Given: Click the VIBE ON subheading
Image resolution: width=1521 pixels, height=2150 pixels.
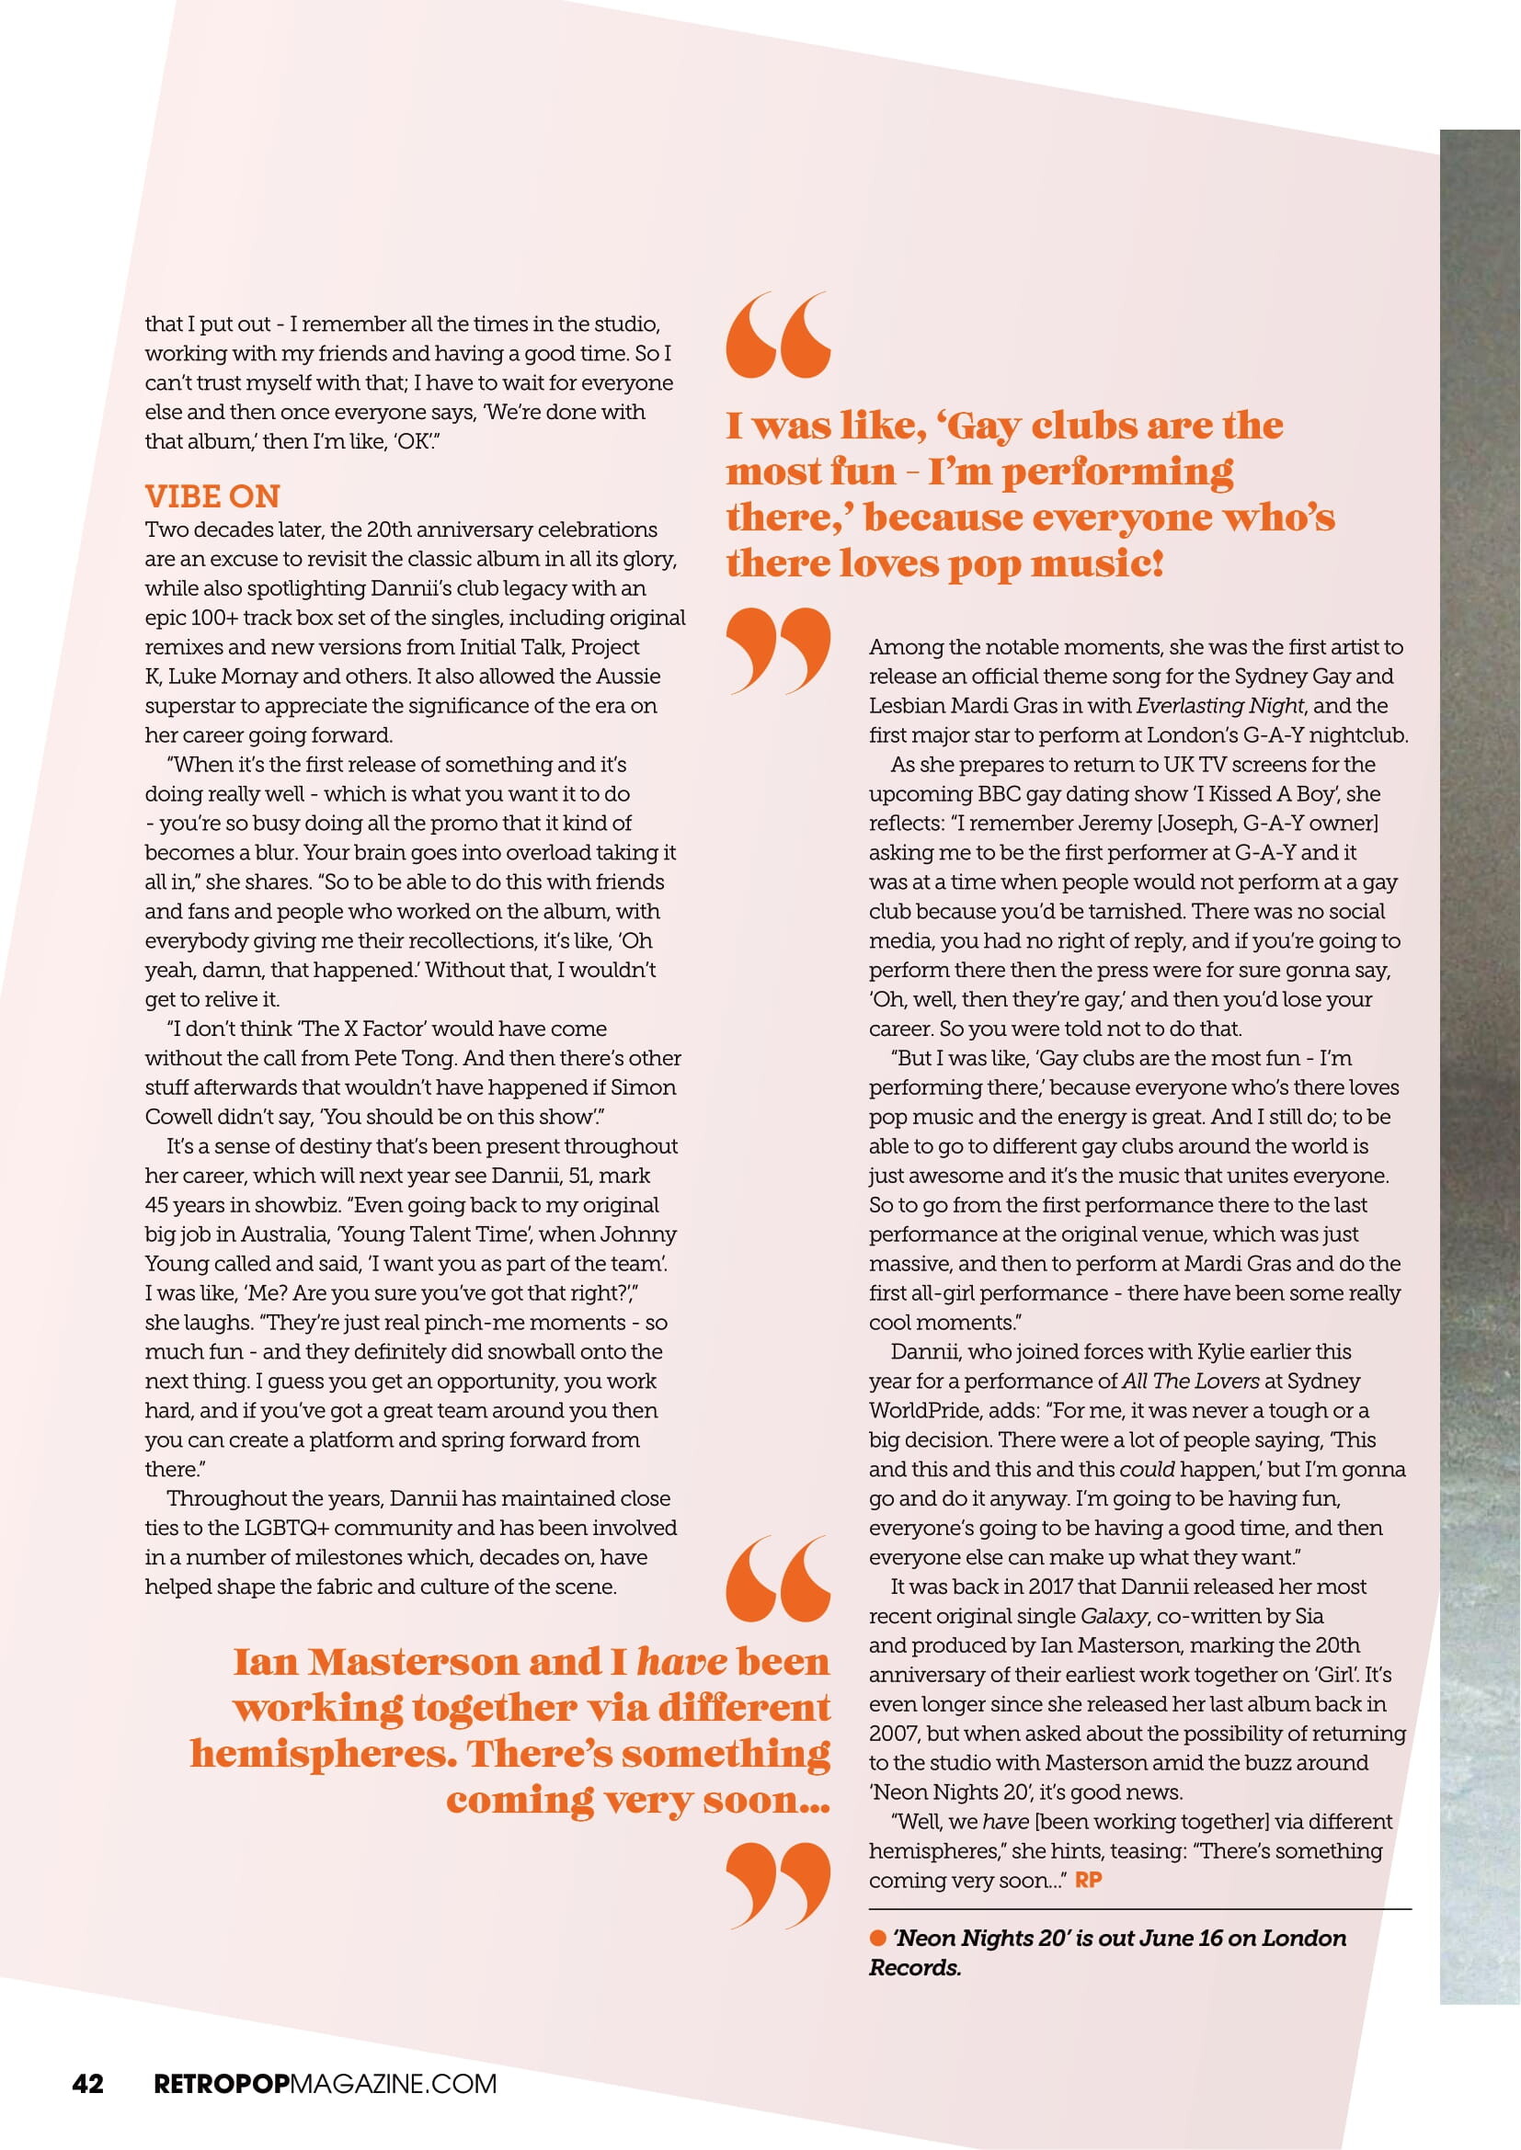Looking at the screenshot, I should pos(212,496).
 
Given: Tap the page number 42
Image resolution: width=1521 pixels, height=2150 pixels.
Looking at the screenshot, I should pos(88,2084).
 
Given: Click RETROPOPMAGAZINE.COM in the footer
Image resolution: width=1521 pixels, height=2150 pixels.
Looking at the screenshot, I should pos(325,2084).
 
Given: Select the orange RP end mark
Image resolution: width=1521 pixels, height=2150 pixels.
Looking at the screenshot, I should pos(1088,1880).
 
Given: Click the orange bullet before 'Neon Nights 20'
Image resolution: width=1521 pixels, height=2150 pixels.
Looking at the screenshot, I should pos(877,1938).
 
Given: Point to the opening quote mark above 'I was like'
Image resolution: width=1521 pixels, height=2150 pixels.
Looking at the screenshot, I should pos(778,335).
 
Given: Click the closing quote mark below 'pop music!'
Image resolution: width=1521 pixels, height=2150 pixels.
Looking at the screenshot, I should pos(778,650).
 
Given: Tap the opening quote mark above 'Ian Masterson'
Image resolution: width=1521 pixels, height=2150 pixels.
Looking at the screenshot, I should pos(778,1578).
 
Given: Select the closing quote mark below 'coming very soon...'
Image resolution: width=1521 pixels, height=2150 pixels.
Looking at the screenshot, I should pos(778,1885).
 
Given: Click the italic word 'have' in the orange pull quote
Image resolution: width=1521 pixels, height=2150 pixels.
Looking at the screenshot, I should pos(680,1662).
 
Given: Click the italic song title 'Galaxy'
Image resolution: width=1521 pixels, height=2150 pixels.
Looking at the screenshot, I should pos(1114,1615).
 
